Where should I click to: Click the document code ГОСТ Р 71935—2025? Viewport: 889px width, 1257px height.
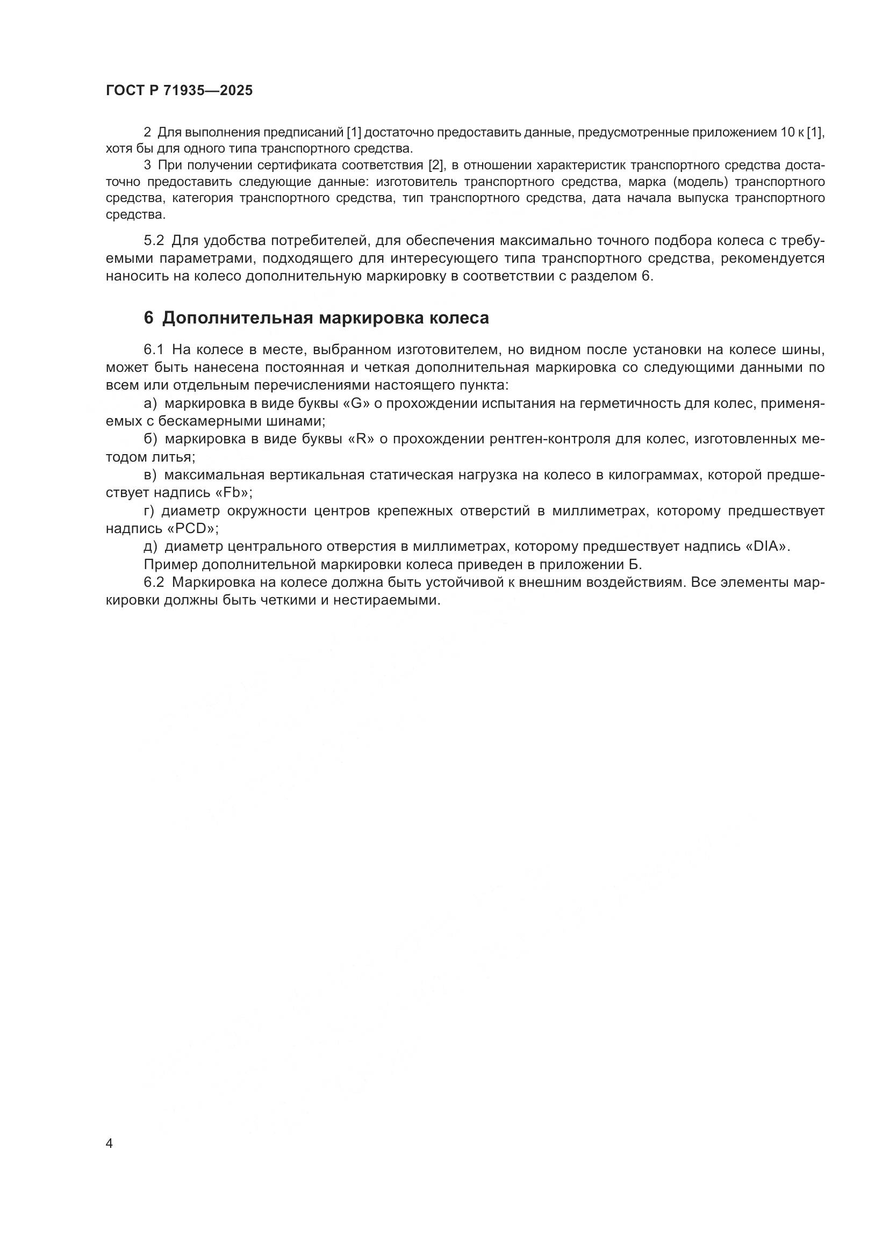click(x=179, y=90)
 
